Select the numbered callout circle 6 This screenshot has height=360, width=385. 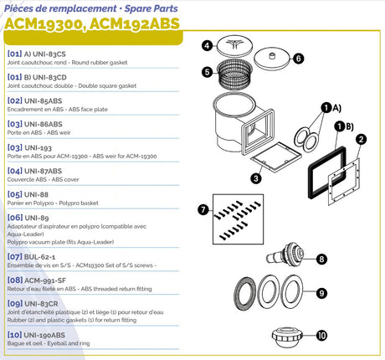[x=298, y=59]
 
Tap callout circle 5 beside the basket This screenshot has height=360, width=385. [x=208, y=72]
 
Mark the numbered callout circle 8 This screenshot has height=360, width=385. [x=322, y=259]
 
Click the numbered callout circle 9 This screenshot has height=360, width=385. [x=322, y=293]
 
